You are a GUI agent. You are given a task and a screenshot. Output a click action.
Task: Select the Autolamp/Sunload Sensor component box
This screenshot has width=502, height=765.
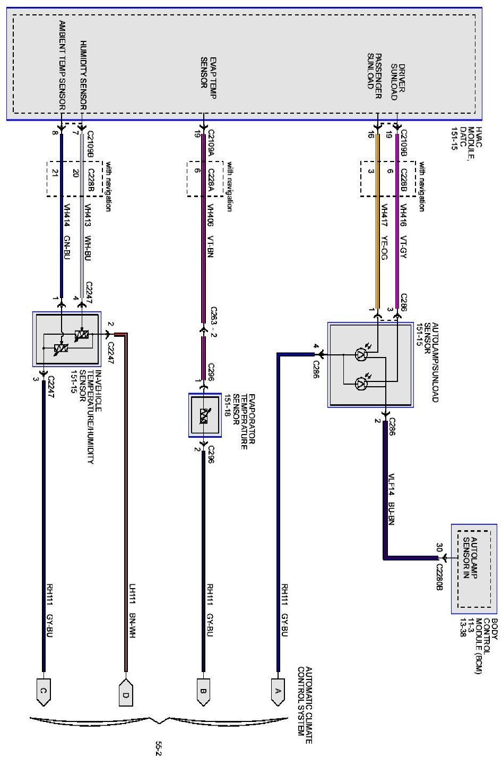[370, 364]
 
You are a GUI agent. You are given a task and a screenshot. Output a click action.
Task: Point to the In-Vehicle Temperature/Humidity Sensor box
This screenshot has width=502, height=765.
[66, 339]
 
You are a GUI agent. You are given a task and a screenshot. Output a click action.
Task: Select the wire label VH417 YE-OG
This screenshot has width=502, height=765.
[384, 233]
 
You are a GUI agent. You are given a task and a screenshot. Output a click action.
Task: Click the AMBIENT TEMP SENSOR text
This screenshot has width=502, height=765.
[62, 65]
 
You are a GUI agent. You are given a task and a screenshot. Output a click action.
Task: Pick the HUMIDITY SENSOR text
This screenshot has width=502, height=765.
[83, 74]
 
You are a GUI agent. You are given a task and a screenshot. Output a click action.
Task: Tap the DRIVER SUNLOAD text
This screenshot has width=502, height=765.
[398, 82]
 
